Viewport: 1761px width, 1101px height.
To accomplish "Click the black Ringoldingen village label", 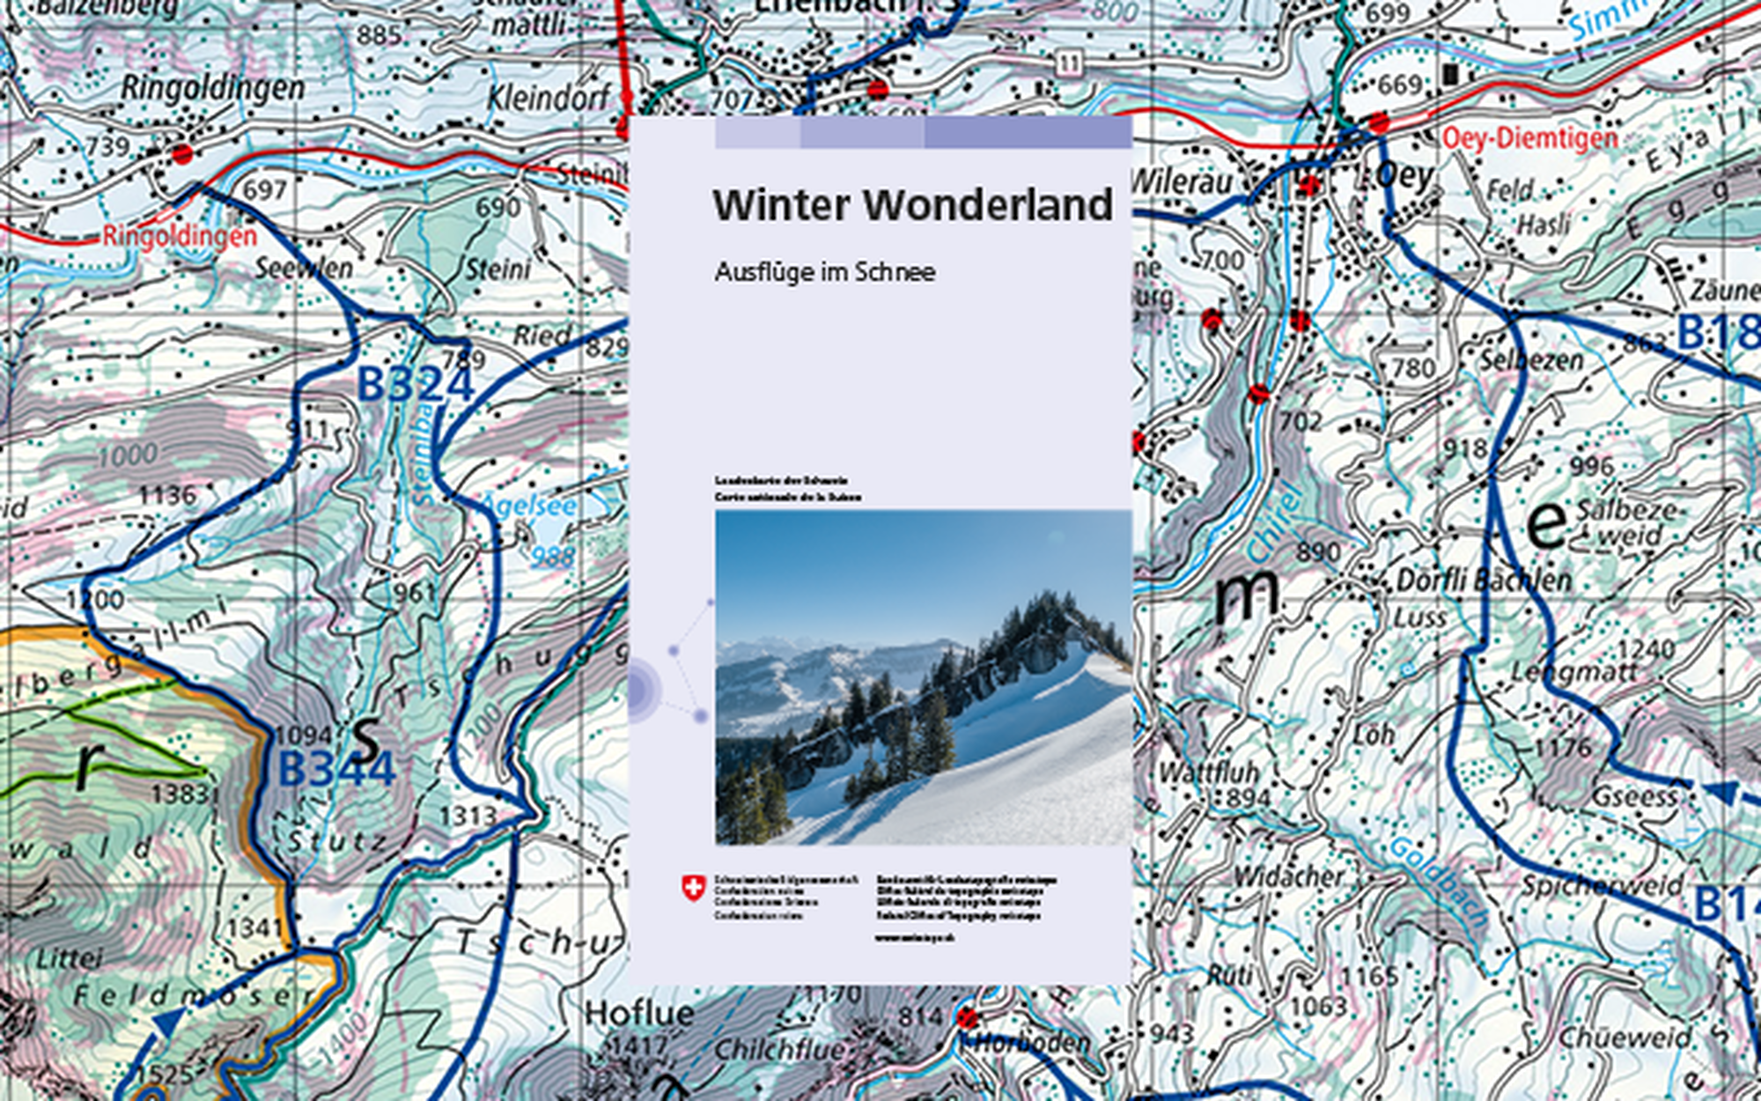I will pos(212,88).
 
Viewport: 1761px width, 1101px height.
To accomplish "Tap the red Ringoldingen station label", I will pos(180,236).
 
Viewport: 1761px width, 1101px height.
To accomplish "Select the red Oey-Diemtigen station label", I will pos(1529,138).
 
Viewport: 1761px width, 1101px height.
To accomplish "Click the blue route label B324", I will pos(415,385).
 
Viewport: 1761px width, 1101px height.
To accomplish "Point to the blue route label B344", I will pos(336,769).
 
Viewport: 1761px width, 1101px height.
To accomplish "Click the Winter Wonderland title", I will pos(912,205).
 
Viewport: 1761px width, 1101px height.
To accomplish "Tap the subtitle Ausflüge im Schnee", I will pos(824,272).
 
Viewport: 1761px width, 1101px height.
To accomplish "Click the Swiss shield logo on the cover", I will pos(694,888).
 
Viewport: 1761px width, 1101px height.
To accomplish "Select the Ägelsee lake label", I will pos(528,506).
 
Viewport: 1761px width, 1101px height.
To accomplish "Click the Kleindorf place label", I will pos(548,98).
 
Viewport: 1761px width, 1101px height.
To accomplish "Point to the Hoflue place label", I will pos(639,1014).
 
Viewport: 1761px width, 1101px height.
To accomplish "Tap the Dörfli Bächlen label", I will pos(1483,580).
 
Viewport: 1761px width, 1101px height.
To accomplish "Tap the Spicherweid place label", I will pos(1603,885).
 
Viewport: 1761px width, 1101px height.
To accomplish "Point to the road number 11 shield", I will pos(1068,63).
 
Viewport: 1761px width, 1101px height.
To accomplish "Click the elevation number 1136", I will pos(167,496).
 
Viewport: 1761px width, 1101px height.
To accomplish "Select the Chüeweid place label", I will pos(1625,1038).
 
